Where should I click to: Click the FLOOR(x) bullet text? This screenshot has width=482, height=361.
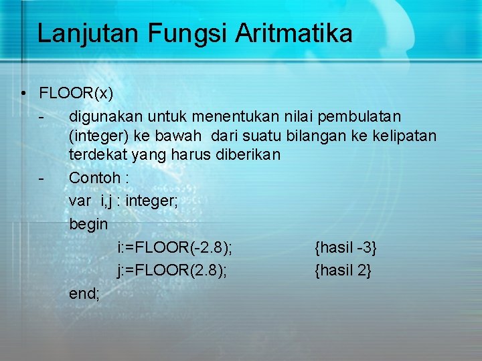coord(76,92)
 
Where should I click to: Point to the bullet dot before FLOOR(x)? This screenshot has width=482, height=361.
coord(23,93)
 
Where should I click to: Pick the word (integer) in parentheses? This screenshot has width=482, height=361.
coord(99,136)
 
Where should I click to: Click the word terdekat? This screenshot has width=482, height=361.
coord(94,156)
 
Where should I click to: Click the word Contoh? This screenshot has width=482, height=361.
coord(92,178)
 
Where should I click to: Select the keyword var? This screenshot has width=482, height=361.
coord(80,200)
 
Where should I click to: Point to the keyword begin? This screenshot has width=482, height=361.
coord(88,223)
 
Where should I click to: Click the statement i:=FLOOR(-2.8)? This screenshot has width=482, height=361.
coord(175,248)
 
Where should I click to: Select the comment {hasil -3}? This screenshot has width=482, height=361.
coord(345,248)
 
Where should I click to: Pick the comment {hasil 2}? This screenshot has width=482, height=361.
coord(343,270)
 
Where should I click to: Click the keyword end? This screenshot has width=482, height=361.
coord(84,293)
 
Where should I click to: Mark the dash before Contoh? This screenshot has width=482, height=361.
coord(42,178)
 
